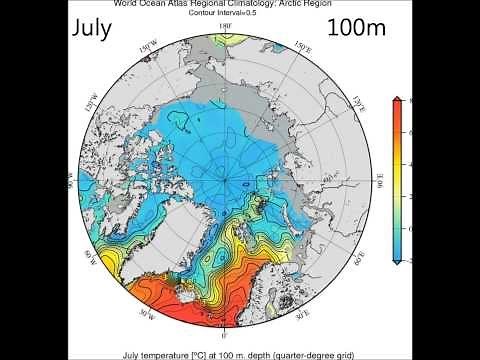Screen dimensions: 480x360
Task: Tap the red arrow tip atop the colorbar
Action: [x=399, y=100]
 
